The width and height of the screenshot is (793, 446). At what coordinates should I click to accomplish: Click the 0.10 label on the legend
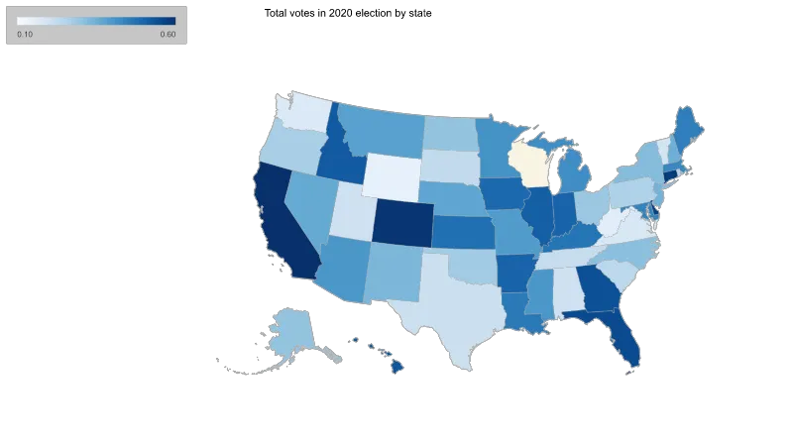26,35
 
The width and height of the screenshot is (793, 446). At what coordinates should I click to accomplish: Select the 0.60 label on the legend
168,35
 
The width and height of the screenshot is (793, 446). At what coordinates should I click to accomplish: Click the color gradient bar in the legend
96,21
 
